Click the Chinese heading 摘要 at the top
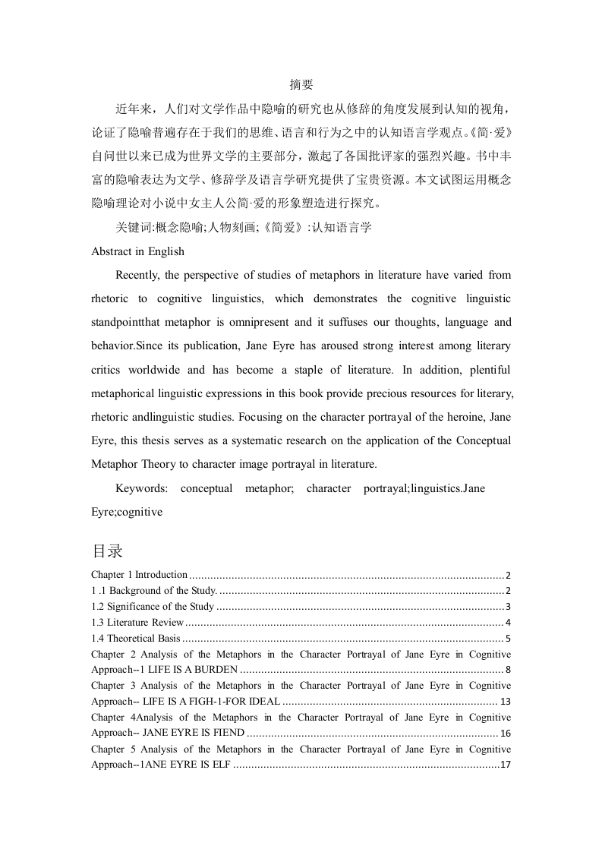pyautogui.click(x=301, y=85)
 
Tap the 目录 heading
pyautogui.click(x=107, y=551)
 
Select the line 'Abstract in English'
pyautogui.click(x=137, y=251)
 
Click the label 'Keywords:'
pyautogui.click(x=142, y=488)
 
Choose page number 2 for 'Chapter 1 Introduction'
pyautogui.click(x=508, y=575)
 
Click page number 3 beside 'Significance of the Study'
pyautogui.click(x=508, y=606)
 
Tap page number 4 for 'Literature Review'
pyautogui.click(x=508, y=622)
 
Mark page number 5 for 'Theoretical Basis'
pyautogui.click(x=508, y=638)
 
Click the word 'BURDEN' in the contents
pyautogui.click(x=219, y=669)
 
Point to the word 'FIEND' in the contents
pyautogui.click(x=227, y=733)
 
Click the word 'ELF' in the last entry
pyautogui.click(x=219, y=764)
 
